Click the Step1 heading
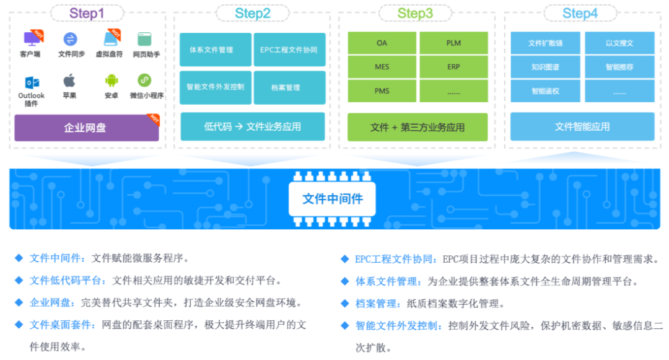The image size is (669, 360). (87, 14)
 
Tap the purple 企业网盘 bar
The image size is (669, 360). (86, 128)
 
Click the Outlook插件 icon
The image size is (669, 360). (32, 81)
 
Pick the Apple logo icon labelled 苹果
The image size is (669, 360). (69, 81)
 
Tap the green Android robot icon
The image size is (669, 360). (111, 81)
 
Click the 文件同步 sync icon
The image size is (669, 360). (70, 40)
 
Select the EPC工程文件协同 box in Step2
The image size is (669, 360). (289, 50)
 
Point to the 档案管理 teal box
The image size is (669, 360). (289, 87)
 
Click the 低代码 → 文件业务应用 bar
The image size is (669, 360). (253, 126)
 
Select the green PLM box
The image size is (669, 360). (453, 43)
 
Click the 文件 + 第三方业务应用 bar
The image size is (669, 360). (418, 127)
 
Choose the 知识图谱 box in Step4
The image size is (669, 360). (546, 67)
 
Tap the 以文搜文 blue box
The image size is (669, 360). (619, 43)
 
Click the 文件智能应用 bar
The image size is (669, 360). (582, 126)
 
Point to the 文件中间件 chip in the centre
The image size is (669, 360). (333, 199)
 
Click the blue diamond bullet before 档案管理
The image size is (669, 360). (345, 304)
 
